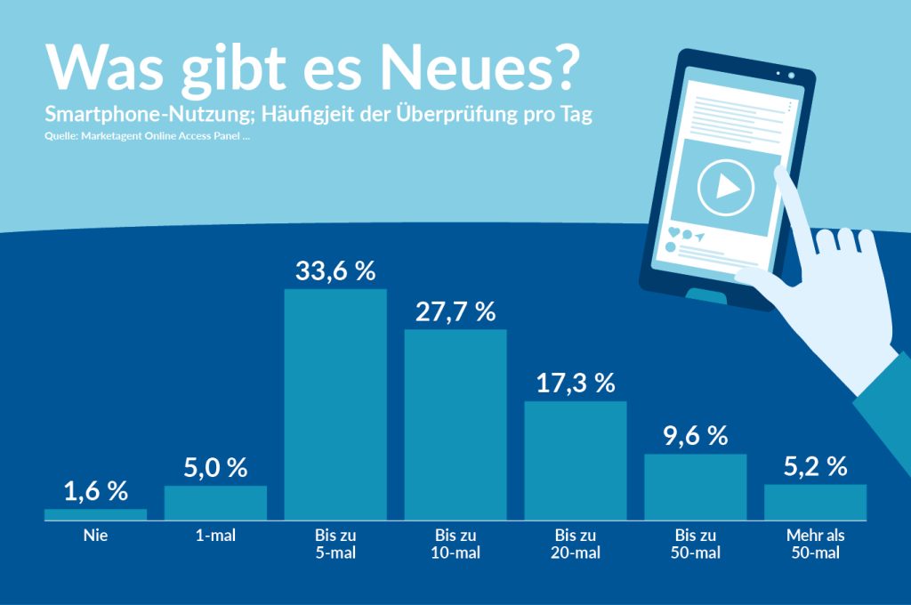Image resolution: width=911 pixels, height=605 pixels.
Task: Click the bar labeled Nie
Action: [x=95, y=514]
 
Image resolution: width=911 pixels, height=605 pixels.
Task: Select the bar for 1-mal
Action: [x=215, y=502]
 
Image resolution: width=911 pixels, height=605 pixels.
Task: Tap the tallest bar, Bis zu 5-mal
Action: [x=335, y=404]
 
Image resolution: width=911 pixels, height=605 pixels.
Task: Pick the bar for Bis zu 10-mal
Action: [x=455, y=424]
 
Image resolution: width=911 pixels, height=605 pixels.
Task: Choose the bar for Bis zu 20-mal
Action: [x=576, y=460]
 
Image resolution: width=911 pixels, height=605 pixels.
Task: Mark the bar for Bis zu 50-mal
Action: [x=695, y=487]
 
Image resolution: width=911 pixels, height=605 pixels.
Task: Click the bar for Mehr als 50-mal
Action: [x=815, y=502]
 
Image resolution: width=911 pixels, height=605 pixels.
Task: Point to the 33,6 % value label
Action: [x=335, y=271]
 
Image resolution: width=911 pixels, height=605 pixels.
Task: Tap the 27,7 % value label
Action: [x=455, y=312]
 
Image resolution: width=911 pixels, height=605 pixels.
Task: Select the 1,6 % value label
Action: [x=95, y=491]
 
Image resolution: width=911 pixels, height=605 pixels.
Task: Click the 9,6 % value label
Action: [x=695, y=436]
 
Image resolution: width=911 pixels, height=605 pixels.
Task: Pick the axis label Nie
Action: [x=95, y=536]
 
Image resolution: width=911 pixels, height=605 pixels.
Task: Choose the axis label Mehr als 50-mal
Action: [x=815, y=544]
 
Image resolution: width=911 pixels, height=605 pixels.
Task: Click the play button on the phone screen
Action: [x=725, y=187]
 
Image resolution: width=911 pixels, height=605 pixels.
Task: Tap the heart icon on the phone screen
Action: [x=673, y=234]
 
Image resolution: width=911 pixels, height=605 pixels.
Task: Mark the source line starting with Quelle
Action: [x=146, y=137]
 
